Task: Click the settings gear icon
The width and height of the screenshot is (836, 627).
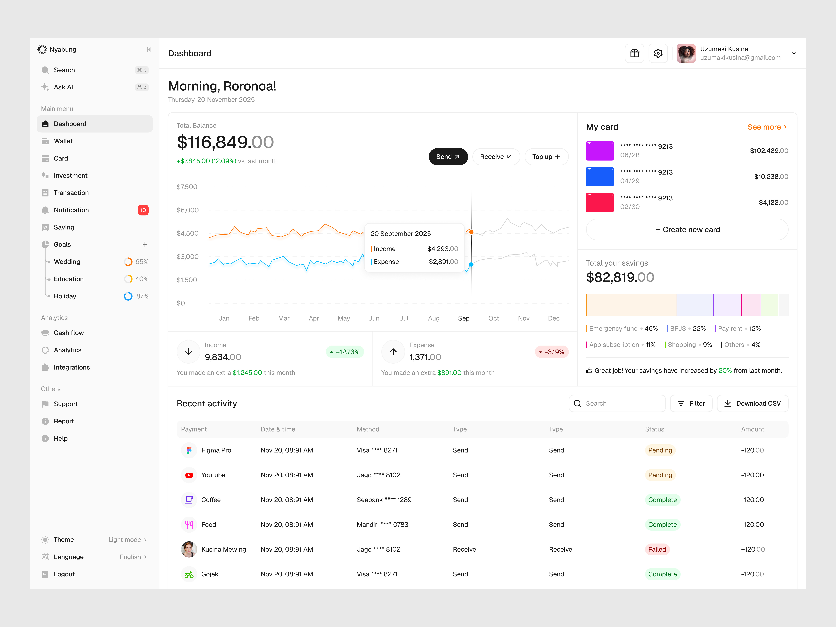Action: (658, 53)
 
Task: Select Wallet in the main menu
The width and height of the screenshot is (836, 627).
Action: (63, 141)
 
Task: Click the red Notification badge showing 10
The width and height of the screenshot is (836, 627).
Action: (143, 210)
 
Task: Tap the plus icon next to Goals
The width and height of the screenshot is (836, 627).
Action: (145, 245)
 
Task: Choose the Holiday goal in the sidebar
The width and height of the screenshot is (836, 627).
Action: (65, 296)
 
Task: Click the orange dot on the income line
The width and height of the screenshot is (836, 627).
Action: (471, 232)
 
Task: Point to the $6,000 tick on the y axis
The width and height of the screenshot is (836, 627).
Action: (187, 210)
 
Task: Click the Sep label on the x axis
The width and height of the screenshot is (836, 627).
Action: (464, 318)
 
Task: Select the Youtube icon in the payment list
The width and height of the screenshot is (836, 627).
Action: (189, 475)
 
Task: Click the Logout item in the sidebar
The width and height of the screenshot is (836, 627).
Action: (64, 574)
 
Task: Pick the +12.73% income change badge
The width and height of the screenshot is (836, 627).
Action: (345, 352)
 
